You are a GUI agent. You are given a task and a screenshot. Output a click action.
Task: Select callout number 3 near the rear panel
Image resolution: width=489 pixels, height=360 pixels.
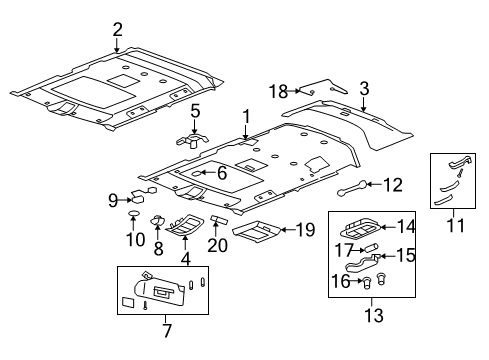[364, 88]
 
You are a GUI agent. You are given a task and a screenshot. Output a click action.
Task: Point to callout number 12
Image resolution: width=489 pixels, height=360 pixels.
[393, 183]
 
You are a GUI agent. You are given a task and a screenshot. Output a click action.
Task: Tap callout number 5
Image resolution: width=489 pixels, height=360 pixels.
[196, 111]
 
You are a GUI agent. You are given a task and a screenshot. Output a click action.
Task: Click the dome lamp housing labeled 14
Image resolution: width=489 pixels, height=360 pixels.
[366, 227]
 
